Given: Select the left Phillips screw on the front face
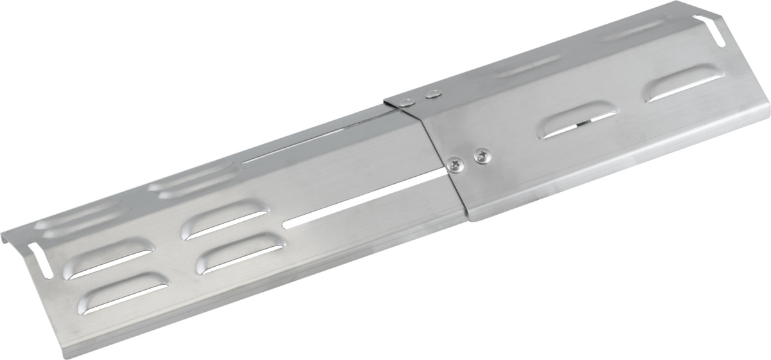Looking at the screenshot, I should (x=456, y=164).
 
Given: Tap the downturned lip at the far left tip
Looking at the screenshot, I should (x=8, y=238).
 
